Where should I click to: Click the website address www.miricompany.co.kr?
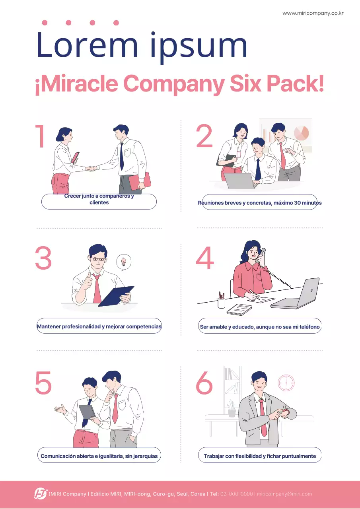click(x=313, y=13)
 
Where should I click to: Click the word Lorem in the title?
click(x=87, y=45)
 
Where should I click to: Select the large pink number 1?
click(x=40, y=136)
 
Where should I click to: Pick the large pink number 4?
click(x=205, y=258)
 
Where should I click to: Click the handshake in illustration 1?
click(x=91, y=168)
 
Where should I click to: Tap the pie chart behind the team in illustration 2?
click(x=301, y=133)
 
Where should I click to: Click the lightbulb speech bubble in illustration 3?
click(x=124, y=262)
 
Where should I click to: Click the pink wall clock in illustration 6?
click(x=286, y=383)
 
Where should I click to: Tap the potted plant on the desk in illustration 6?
click(x=232, y=408)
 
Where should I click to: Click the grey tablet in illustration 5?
click(x=87, y=412)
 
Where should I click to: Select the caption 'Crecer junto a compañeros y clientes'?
click(x=99, y=199)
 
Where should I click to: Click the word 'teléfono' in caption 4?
click(x=309, y=327)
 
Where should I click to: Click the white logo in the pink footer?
click(x=41, y=494)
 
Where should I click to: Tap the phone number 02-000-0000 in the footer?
click(x=236, y=494)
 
